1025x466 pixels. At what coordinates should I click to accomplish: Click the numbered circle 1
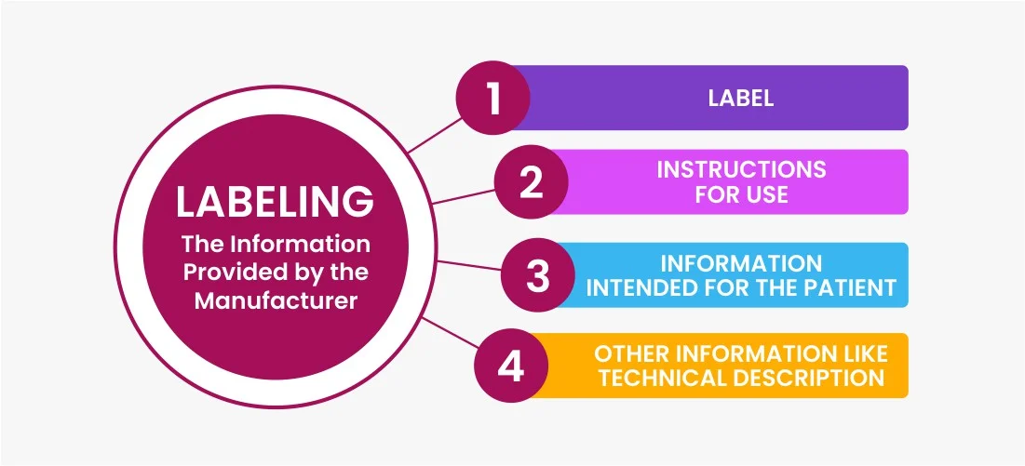click(x=492, y=98)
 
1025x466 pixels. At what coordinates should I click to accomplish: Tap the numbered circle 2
click(x=531, y=182)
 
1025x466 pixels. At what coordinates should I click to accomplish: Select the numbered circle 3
click(x=538, y=274)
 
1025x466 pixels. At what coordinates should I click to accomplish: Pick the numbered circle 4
click(x=510, y=366)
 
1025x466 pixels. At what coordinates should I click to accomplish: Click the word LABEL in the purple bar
click(x=741, y=99)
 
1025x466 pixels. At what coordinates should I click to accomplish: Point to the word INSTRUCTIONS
click(x=741, y=169)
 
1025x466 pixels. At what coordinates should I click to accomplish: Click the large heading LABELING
click(x=275, y=203)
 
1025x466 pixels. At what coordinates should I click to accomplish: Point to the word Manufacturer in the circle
click(x=276, y=301)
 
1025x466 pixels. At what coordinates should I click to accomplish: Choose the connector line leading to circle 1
click(x=435, y=135)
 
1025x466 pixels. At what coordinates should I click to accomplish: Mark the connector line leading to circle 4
click(x=451, y=333)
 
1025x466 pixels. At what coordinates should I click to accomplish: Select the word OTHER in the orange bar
click(x=631, y=353)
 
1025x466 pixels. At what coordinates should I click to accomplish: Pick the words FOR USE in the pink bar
click(x=741, y=194)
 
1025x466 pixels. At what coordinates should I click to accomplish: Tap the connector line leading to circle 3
click(x=468, y=266)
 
